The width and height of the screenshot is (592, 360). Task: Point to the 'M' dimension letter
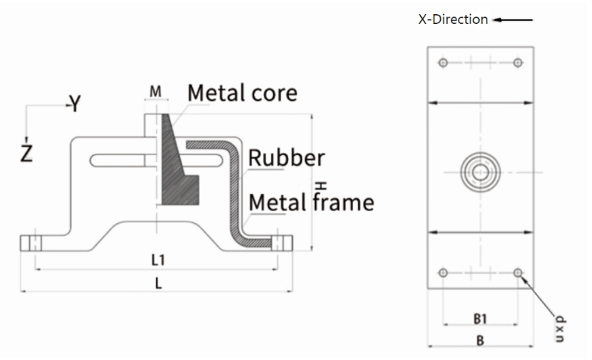click(x=156, y=92)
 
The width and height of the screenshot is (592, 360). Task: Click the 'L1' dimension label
click(x=159, y=260)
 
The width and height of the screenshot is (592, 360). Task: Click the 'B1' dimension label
click(x=480, y=318)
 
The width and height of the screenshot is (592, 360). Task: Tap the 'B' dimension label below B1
click(x=480, y=341)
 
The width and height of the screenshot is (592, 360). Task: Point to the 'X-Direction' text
click(x=453, y=19)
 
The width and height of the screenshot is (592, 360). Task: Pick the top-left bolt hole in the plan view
click(x=443, y=63)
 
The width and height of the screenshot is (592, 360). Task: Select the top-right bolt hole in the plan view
click(x=518, y=63)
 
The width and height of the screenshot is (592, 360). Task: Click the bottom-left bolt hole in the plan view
click(x=443, y=272)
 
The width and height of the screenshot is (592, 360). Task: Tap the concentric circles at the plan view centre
click(x=480, y=171)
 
